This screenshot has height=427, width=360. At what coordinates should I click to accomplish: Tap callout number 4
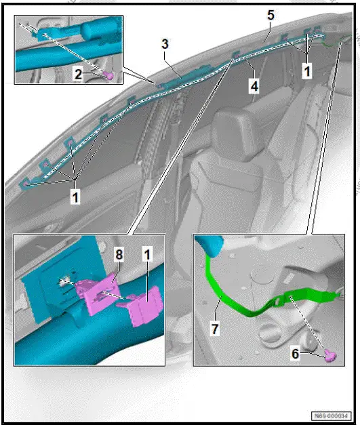pos(254,87)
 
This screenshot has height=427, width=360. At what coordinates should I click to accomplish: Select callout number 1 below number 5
pos(306,70)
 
